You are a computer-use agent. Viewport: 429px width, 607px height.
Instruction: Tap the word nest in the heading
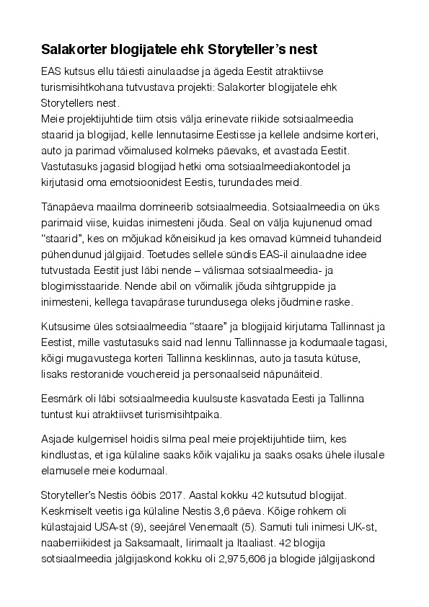(x=297, y=50)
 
